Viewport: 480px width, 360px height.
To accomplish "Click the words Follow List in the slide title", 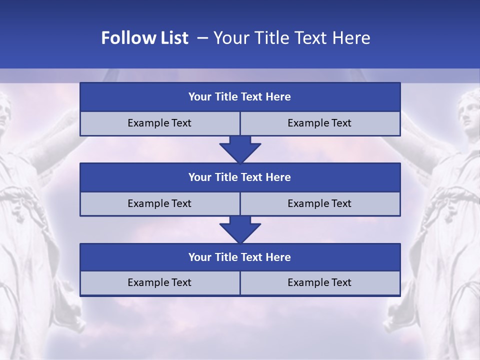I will click(x=144, y=38).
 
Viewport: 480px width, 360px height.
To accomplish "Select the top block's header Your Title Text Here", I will click(x=239, y=97).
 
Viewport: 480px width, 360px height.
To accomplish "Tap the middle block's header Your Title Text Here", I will click(x=239, y=177).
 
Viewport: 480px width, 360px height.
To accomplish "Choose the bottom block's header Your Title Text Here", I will click(x=239, y=257).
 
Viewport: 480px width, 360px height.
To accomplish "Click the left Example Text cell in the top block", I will click(x=159, y=123).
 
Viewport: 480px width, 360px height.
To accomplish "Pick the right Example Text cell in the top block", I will click(x=319, y=123).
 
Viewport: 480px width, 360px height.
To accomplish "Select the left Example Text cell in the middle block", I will click(x=159, y=203).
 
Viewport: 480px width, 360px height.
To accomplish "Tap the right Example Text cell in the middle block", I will click(x=319, y=203).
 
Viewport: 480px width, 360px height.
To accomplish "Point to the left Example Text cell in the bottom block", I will click(x=159, y=282).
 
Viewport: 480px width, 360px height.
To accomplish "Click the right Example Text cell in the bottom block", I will click(x=319, y=282).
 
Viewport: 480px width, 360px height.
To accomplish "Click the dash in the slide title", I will click(x=202, y=38).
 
